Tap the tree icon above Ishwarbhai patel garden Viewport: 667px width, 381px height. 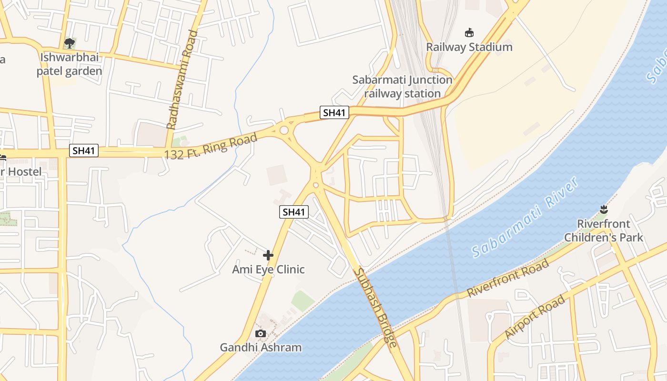[x=70, y=43]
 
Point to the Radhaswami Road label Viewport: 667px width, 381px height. [x=182, y=80]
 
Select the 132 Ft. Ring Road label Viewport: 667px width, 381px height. [x=211, y=147]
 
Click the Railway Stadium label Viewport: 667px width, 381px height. [x=469, y=47]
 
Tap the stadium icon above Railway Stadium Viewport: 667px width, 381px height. [x=469, y=32]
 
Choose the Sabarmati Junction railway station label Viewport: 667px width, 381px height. [x=402, y=86]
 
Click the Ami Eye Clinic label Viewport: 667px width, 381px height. [x=268, y=270]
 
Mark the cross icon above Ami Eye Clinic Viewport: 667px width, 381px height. [x=268, y=255]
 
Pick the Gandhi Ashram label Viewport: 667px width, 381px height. [x=261, y=348]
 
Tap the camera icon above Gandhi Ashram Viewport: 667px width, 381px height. [x=261, y=333]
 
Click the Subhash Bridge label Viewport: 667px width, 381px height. [x=375, y=308]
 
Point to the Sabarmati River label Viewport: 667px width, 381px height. [x=525, y=217]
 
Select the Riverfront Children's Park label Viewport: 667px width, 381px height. [x=604, y=231]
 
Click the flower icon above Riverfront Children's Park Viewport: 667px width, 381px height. [x=604, y=209]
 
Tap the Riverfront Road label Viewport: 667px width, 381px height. [x=508, y=279]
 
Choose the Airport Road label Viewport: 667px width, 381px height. [x=535, y=317]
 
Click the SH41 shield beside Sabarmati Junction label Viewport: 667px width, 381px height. [x=334, y=112]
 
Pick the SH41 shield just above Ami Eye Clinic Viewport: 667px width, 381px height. [x=294, y=212]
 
